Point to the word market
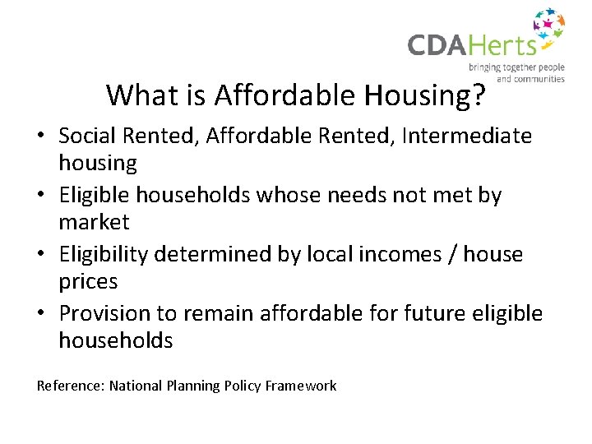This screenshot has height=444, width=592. pyautogui.click(x=94, y=222)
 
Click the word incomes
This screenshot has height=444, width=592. pyautogui.click(x=391, y=254)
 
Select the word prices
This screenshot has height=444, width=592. pyautogui.click(x=88, y=282)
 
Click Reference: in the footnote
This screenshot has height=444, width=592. pyautogui.click(x=71, y=386)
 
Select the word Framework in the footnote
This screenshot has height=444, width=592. pyautogui.click(x=301, y=386)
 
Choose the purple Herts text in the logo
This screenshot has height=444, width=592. pyautogui.click(x=510, y=45)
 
